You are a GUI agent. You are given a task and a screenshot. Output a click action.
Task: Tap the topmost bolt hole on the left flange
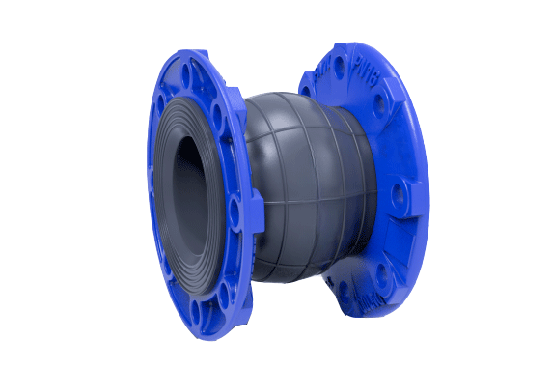pyautogui.click(x=197, y=70)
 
